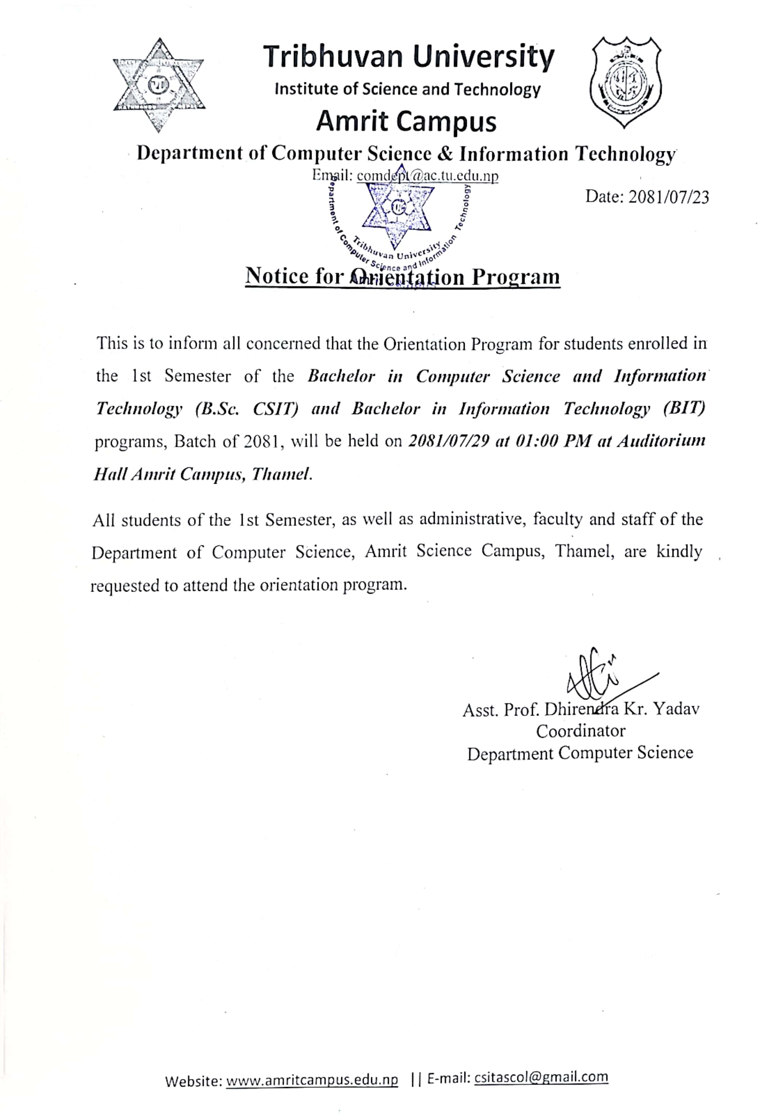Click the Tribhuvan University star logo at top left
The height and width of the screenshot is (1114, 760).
coord(159,85)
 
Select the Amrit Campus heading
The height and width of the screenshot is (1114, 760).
coord(406,121)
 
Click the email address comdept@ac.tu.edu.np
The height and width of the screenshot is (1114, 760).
coord(428,176)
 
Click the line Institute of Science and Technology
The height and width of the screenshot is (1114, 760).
coord(407,90)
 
